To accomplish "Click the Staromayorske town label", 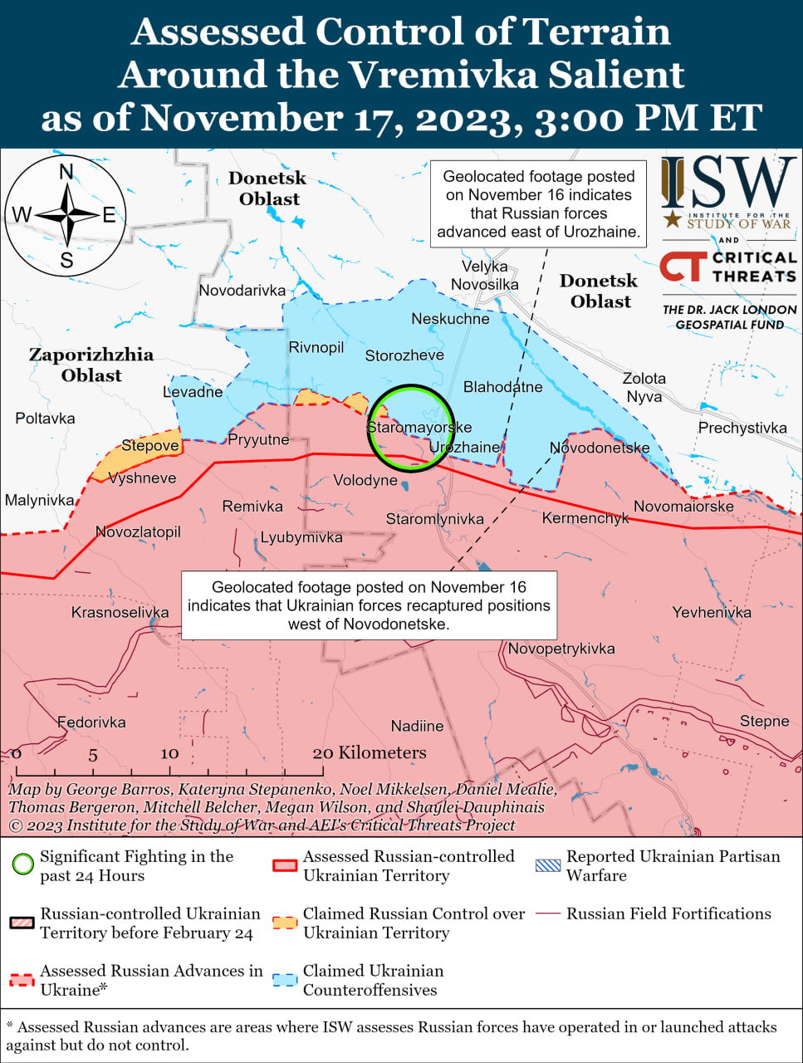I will point(419,428).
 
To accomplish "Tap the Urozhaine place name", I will point(464,448).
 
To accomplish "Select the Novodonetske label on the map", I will point(600,448).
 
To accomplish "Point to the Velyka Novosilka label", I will point(484,276).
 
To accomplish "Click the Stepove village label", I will point(149,446).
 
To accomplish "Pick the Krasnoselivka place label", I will point(120,613).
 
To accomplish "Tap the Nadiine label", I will point(417,727).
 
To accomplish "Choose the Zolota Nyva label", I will point(644,387).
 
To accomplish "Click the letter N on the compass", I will point(66,172).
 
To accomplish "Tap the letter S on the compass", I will point(66,261).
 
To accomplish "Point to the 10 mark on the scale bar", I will point(169,754).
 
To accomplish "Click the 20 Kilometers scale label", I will point(370,753).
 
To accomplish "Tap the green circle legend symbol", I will point(22,865).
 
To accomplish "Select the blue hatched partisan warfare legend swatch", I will point(548,865).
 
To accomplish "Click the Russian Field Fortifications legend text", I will point(668,914).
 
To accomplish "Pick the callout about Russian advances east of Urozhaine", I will point(538,204).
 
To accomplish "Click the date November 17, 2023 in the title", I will point(331,118).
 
